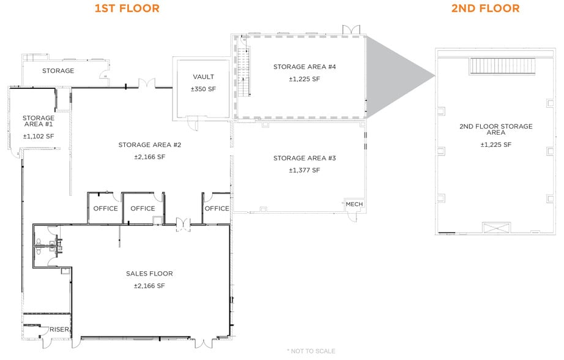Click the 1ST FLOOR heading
[127, 9]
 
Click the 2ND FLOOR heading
[486, 9]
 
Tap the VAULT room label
[203, 77]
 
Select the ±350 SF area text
[203, 89]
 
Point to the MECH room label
[354, 204]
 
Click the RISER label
[59, 329]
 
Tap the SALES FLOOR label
[149, 274]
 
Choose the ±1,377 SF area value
[304, 170]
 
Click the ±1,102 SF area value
[39, 137]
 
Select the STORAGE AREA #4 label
[305, 67]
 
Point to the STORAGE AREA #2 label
[150, 144]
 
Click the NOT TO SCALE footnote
[311, 351]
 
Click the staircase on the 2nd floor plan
[502, 66]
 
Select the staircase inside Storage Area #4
[243, 72]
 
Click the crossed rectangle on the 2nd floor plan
[496, 228]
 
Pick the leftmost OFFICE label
[105, 208]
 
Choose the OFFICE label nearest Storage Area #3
[217, 208]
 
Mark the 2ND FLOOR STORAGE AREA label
[495, 129]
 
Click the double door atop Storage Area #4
[351, 30]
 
